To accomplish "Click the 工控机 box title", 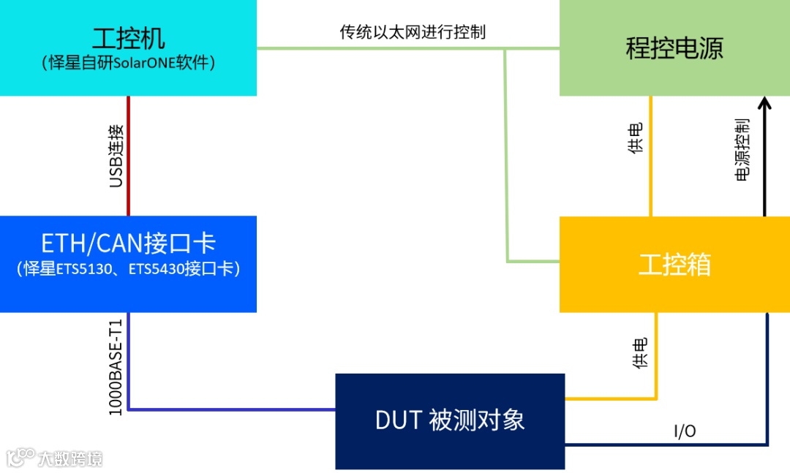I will point(129,38).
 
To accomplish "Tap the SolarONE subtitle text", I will point(129,63).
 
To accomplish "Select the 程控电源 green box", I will point(674,48).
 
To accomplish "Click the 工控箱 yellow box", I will point(674,265).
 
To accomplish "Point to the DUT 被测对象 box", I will point(450,421).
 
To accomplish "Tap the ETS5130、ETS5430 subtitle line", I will point(129,269).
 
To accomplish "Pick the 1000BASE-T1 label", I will point(116,366).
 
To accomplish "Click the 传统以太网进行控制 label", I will point(413,32).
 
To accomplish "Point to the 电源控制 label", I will point(742,149).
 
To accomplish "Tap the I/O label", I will point(685,432).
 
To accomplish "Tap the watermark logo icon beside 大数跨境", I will point(20,457).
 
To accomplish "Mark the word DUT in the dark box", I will point(399,420).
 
